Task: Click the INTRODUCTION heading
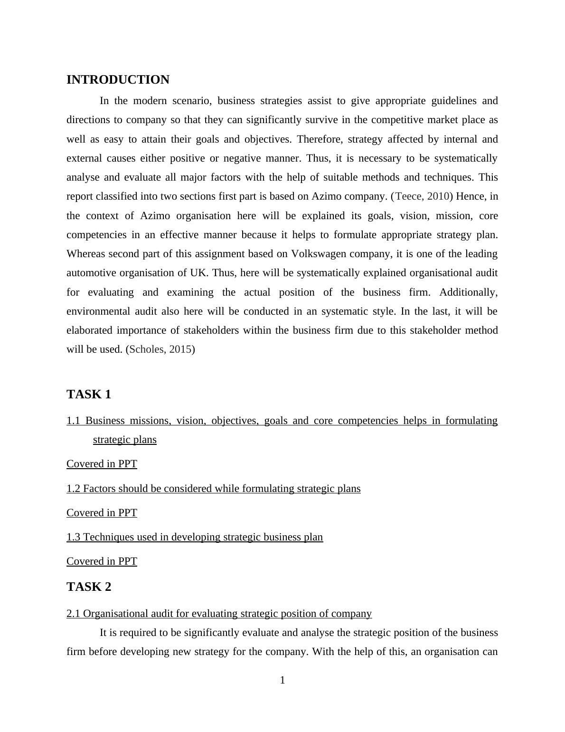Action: [118, 80]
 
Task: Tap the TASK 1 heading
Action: [89, 395]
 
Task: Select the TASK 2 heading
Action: [89, 587]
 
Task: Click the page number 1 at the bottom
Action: [282, 681]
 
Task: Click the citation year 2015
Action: [180, 349]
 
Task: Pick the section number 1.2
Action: [73, 489]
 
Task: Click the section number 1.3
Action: [73, 537]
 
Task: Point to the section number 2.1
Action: [73, 614]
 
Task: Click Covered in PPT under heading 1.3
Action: [102, 561]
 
